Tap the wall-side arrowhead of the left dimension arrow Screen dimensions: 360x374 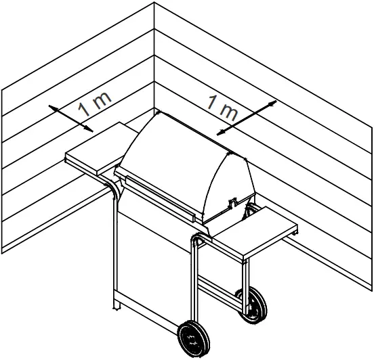51,106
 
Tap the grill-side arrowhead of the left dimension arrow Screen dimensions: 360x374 90,129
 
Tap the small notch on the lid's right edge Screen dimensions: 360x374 234,201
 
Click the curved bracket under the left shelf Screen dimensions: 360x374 111,187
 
